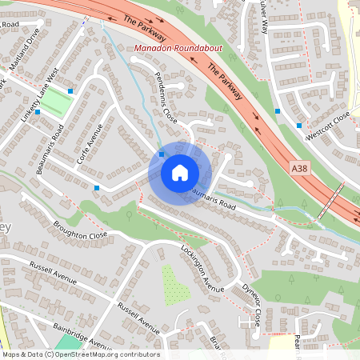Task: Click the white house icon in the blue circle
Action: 179,173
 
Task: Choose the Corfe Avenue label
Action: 90,144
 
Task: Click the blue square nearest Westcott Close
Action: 299,125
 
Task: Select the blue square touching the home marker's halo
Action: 162,154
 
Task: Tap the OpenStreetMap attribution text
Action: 80,354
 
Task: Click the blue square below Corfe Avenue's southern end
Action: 97,187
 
